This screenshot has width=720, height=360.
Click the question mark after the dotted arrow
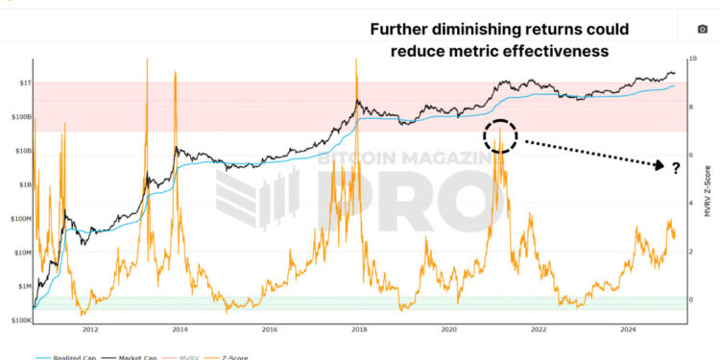(x=676, y=168)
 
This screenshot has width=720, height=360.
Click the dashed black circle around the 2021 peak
(x=500, y=135)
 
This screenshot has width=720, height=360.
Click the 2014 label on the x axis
(x=180, y=329)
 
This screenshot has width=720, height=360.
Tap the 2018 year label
(x=359, y=329)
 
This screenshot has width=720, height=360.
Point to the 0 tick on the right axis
(x=690, y=300)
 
